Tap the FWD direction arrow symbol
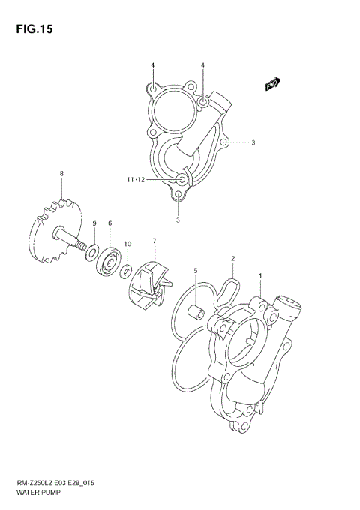273,85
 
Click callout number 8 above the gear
61,174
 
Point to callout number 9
94,223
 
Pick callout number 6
109,223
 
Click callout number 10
127,244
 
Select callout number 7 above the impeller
154,241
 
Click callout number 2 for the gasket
233,259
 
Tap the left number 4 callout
152,66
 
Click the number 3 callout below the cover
178,220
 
